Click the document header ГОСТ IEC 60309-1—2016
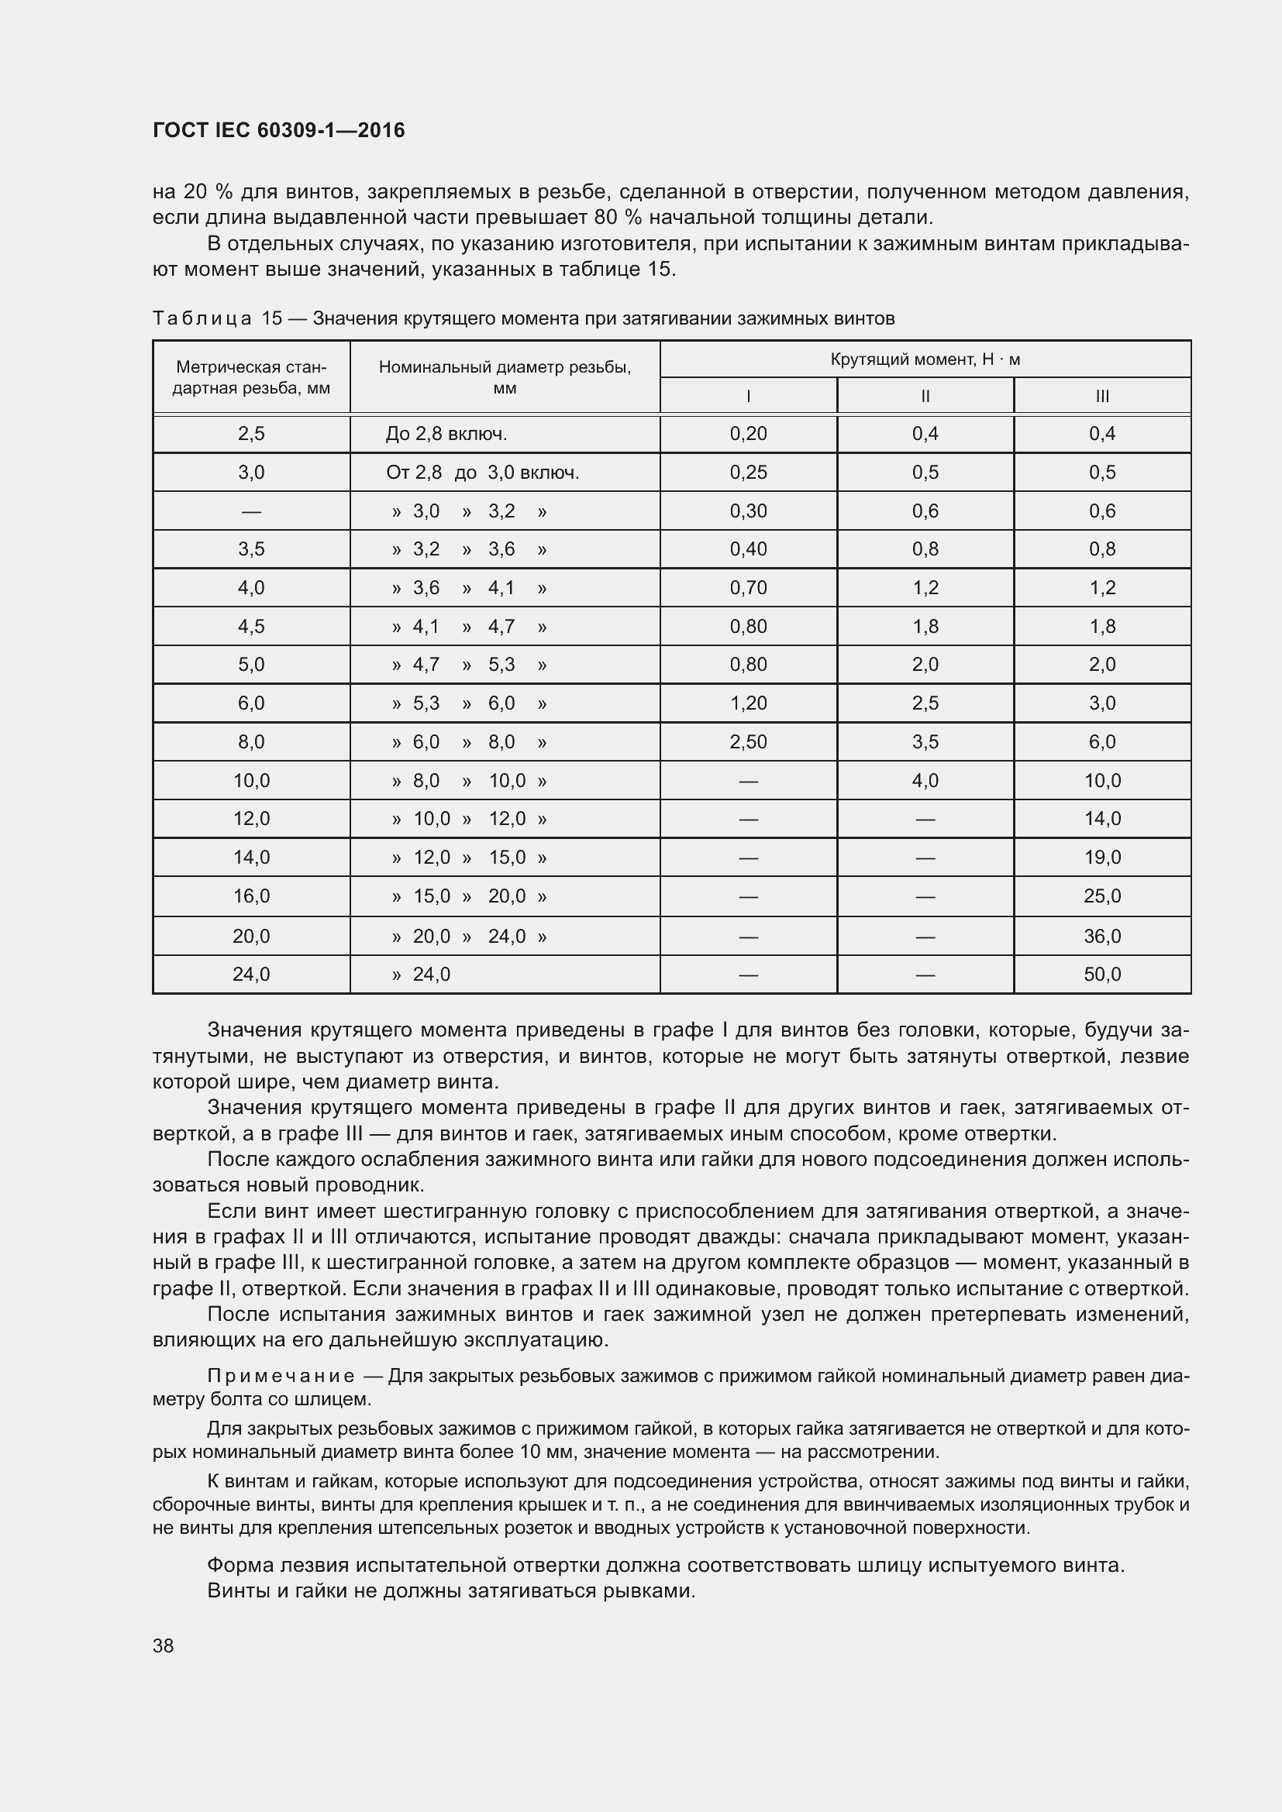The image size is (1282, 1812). [278, 130]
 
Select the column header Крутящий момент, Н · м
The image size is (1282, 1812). [925, 360]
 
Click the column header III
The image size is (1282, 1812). [1102, 396]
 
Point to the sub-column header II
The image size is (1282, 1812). [925, 396]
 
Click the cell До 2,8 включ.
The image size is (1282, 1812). [446, 434]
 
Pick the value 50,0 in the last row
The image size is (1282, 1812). [1102, 975]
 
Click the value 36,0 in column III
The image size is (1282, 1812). [1102, 936]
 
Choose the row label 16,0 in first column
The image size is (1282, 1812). [251, 896]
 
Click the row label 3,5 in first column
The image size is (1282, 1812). [251, 549]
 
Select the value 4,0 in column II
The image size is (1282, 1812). [925, 781]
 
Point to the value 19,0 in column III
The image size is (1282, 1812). [1102, 858]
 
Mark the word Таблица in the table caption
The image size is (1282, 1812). [202, 319]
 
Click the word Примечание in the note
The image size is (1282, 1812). [281, 1377]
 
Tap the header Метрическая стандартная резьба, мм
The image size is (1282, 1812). [251, 377]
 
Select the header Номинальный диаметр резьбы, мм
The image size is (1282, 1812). [505, 377]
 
